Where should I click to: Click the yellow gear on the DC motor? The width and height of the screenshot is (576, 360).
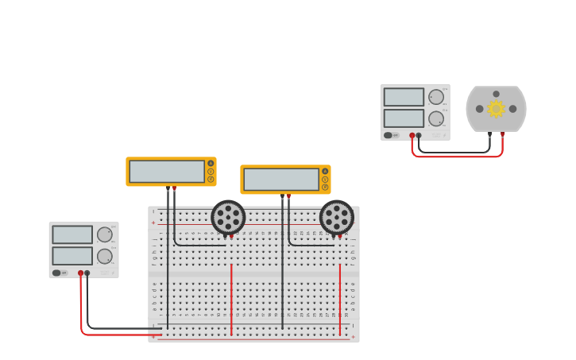point(496,109)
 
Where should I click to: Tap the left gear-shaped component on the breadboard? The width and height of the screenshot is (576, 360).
point(228,217)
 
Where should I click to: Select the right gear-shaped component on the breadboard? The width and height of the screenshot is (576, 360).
point(337,217)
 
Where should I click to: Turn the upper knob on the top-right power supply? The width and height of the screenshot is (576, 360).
point(436,97)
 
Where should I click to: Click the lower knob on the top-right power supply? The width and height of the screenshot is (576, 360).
point(436,118)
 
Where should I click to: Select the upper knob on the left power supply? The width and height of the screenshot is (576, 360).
point(105,234)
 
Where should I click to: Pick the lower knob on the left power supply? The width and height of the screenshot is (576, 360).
point(105,256)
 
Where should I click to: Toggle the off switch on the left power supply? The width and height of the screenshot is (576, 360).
point(57,273)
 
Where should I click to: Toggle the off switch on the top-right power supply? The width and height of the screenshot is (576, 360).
point(389,135)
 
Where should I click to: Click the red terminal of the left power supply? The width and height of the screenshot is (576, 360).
point(80,273)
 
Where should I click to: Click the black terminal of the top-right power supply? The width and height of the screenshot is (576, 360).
point(419,135)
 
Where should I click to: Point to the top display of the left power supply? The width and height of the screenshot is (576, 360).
point(72,234)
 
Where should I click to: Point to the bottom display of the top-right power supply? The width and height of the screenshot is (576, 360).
point(404,118)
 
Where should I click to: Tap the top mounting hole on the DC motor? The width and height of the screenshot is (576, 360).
point(496,94)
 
